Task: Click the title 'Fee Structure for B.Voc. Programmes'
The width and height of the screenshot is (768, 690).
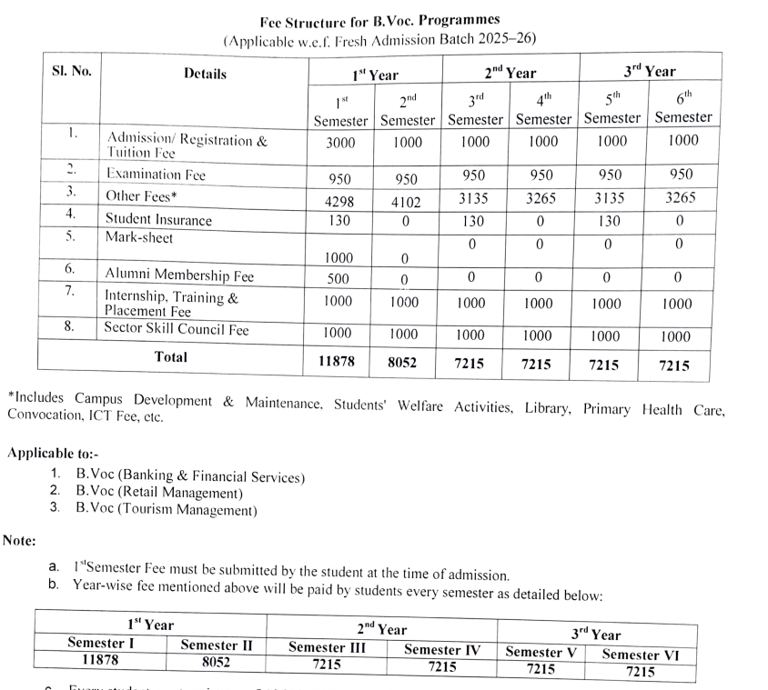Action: click(x=379, y=18)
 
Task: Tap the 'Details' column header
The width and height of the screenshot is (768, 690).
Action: click(x=205, y=74)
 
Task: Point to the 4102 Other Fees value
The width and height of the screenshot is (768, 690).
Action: click(x=406, y=204)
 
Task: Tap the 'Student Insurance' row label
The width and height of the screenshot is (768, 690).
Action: click(x=158, y=219)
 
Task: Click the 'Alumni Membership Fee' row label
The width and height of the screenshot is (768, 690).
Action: click(x=179, y=275)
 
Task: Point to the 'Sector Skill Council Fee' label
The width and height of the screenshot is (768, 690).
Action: click(x=177, y=328)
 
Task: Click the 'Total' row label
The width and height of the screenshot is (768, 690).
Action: click(x=171, y=357)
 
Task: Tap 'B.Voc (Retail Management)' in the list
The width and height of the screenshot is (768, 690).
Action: click(x=159, y=494)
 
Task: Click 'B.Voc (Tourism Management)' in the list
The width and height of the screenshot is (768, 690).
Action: click(x=167, y=510)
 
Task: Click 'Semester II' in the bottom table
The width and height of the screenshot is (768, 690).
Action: click(x=217, y=645)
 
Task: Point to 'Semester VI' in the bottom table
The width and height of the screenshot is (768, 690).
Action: click(x=640, y=655)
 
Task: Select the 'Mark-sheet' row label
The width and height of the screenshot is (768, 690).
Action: click(x=138, y=238)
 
